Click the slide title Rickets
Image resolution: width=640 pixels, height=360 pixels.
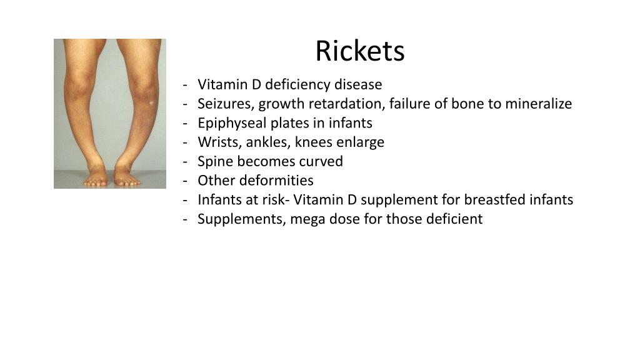click(x=359, y=51)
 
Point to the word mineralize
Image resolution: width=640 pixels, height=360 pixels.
click(x=538, y=104)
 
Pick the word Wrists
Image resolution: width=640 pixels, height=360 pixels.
click(x=216, y=142)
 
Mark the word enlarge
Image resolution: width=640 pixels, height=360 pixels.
click(x=359, y=142)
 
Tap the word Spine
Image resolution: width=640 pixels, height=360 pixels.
click(x=214, y=162)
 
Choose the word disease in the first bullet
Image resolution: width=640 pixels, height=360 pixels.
click(x=359, y=84)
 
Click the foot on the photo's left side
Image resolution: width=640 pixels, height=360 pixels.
click(x=97, y=177)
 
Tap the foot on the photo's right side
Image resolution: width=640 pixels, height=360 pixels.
click(x=127, y=177)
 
